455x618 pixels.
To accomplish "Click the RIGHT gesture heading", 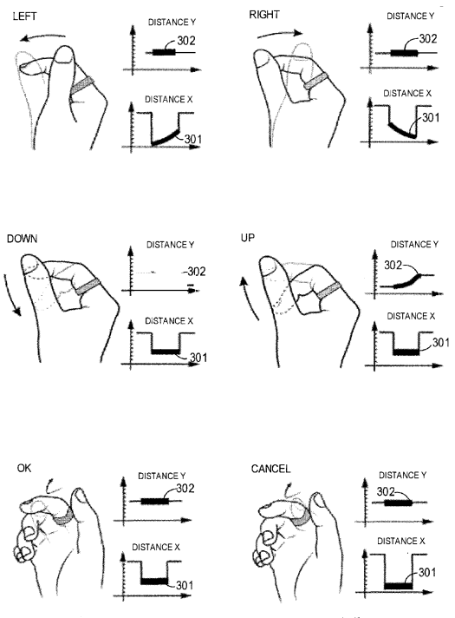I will (265, 16).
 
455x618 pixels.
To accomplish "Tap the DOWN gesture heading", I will (23, 237).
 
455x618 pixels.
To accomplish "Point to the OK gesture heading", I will (25, 467).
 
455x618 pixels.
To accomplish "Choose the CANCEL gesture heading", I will (272, 468).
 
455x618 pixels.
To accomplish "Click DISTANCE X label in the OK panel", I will (159, 547).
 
